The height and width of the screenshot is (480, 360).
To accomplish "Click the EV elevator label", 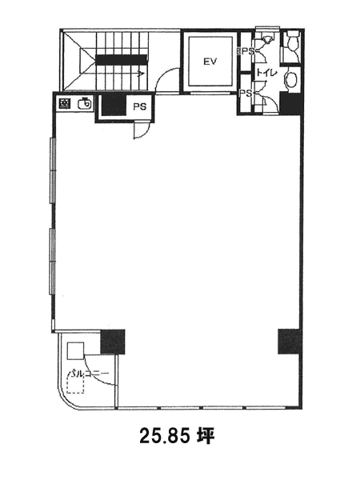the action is [210, 62].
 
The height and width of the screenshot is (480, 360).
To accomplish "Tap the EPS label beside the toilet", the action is [246, 51].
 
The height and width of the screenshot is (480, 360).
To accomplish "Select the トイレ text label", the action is [266, 73].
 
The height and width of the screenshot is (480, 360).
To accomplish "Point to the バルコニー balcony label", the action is [88, 374].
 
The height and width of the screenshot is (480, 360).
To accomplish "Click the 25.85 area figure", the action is [165, 436].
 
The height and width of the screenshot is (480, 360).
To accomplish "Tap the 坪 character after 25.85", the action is [206, 436].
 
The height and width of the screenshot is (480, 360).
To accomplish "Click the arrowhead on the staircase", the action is [142, 74].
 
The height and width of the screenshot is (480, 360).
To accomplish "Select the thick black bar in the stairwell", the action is [122, 60].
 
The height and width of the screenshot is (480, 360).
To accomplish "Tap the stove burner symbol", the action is [65, 104].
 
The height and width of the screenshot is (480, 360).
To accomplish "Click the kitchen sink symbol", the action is [85, 103].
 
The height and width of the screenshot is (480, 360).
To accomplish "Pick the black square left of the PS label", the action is [114, 105].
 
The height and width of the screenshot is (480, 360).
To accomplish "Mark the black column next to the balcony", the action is [113, 342].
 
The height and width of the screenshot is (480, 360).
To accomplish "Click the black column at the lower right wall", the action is [290, 342].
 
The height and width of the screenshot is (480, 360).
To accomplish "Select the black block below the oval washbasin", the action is [292, 103].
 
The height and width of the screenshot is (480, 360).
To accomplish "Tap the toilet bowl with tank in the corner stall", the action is [292, 41].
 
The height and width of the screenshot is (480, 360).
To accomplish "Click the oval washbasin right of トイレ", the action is [291, 79].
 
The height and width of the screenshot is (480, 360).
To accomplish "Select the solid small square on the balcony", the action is [75, 351].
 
